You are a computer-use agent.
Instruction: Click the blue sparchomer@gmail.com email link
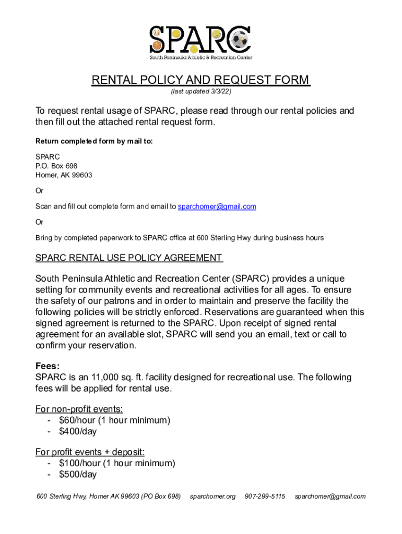click(217, 207)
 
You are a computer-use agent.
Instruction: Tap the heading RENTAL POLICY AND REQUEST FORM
click(200, 80)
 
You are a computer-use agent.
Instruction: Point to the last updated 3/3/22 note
click(201, 92)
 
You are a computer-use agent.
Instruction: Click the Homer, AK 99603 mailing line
click(64, 175)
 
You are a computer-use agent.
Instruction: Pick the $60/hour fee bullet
click(114, 420)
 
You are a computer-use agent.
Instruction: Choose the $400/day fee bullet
click(78, 432)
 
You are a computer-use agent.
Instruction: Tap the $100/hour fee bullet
click(117, 463)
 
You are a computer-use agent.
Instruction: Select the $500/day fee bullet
click(78, 475)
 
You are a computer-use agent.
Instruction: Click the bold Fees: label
click(47, 366)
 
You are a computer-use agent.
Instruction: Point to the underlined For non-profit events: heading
click(79, 409)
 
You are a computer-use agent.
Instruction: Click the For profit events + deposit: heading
click(90, 452)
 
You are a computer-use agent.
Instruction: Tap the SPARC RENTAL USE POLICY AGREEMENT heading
click(129, 258)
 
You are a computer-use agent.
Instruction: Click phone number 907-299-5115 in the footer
click(265, 496)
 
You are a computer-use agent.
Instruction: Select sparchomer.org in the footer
click(212, 496)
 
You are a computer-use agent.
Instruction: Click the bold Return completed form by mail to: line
click(94, 141)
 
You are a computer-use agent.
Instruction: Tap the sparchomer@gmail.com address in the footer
click(330, 496)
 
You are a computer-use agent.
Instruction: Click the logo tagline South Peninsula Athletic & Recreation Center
click(201, 57)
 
